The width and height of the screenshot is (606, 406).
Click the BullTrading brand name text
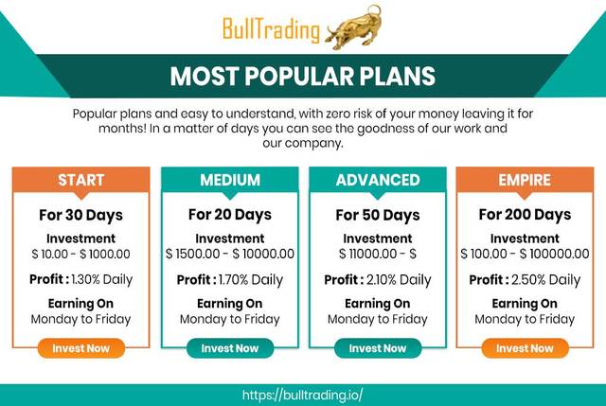272,29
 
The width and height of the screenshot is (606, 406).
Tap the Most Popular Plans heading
303,76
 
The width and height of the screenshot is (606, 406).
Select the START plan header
81,180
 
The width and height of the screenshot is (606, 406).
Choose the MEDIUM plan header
230,180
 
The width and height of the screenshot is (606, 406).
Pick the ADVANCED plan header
378,180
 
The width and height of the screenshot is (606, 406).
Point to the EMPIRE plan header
525,180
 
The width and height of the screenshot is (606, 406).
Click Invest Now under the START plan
81,348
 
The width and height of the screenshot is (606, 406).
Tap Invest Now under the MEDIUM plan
230,348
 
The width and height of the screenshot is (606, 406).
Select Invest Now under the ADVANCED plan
378,348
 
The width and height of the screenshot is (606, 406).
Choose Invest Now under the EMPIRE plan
525,348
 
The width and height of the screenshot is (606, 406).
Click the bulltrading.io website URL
303,396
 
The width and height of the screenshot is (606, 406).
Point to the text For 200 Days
525,215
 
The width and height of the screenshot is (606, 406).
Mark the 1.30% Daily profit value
102,279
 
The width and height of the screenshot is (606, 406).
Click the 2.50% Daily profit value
545,280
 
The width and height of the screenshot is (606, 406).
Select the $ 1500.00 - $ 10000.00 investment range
230,254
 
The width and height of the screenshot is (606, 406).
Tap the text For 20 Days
230,215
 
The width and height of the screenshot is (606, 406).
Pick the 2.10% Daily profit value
399,280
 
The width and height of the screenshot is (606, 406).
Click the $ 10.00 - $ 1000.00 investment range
81,254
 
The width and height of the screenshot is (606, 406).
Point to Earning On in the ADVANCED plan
378,304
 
